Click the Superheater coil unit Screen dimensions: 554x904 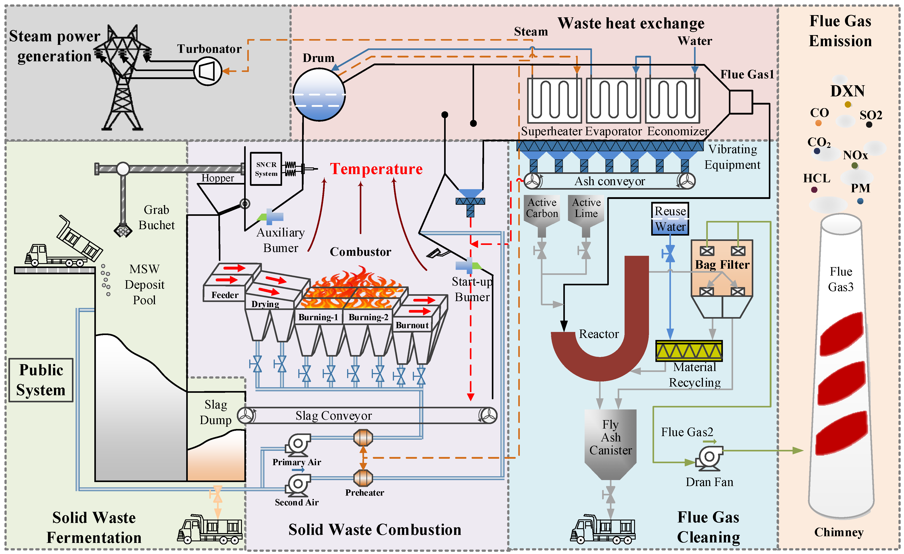554,100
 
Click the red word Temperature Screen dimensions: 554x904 376,169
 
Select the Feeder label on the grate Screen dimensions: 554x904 225,295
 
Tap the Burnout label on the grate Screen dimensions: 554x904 412,325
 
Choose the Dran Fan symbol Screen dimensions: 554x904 709,458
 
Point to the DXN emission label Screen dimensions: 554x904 847,91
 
